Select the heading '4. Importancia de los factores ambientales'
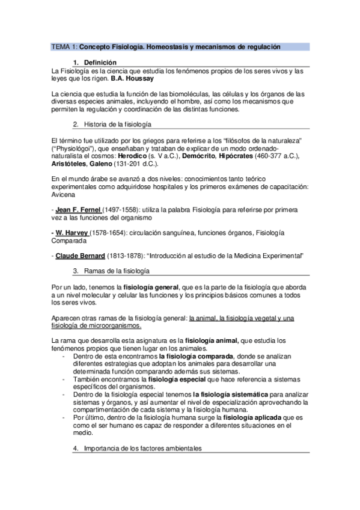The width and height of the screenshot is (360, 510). (139, 449)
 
